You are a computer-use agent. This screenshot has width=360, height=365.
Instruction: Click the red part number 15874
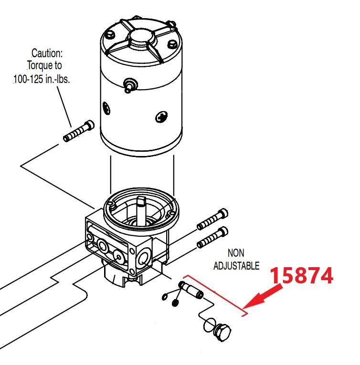click(x=302, y=275)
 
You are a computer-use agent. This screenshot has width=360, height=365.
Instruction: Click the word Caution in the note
click(x=47, y=53)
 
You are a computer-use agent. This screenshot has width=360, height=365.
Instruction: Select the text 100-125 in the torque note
click(x=29, y=79)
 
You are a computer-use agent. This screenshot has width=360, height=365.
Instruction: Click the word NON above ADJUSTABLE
click(x=236, y=253)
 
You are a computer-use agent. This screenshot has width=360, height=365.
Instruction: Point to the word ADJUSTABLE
click(x=236, y=266)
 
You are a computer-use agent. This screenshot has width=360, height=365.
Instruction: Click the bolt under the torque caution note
click(x=79, y=131)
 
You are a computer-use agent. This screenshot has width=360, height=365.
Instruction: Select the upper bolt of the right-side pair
click(x=212, y=219)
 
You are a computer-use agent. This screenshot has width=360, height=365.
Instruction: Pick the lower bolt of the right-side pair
click(x=212, y=238)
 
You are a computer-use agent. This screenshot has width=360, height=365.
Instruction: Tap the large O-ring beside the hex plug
click(x=209, y=326)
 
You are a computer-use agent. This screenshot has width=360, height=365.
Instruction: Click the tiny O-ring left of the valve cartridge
click(x=165, y=297)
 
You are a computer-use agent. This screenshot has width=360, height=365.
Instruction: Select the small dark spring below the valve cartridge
click(x=175, y=302)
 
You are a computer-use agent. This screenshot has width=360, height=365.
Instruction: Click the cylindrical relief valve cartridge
click(x=191, y=290)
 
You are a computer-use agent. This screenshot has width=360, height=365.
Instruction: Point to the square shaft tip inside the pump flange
click(x=141, y=200)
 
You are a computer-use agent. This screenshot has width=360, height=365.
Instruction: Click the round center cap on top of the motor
click(x=142, y=38)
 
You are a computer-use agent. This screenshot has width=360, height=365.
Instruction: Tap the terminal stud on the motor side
click(x=129, y=86)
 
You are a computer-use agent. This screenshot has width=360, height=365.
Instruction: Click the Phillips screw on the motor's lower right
click(x=161, y=117)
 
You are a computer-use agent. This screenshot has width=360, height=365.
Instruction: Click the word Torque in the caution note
click(x=44, y=66)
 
